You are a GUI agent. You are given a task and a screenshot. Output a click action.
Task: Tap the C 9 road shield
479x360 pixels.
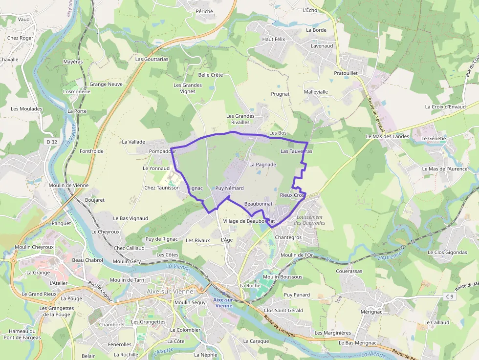click(x=450, y=296)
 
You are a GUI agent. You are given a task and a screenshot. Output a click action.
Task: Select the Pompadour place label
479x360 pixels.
click(x=162, y=152)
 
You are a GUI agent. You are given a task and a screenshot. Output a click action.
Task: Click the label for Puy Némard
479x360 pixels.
click(x=229, y=188)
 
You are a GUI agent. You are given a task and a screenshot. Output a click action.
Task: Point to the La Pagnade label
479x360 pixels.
click(x=262, y=165)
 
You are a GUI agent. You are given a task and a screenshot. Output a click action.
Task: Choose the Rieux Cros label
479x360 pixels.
click(x=292, y=195)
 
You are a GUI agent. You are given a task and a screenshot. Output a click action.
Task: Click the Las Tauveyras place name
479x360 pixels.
click(x=296, y=151)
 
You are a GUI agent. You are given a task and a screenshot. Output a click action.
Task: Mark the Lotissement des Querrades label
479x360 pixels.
click(x=310, y=220)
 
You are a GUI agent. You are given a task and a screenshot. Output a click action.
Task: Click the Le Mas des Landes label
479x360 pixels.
click(x=387, y=136)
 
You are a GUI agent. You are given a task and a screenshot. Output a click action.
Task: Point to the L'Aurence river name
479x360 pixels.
click(x=390, y=254)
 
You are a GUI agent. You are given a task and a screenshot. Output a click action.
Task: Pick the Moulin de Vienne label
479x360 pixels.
click(x=68, y=185)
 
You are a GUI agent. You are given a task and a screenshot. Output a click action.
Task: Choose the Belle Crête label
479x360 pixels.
click(x=211, y=75)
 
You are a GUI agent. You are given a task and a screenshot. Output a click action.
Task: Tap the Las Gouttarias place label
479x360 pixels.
click(x=152, y=59)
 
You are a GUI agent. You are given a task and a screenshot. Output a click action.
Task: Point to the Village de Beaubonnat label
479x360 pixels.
click(x=249, y=221)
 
